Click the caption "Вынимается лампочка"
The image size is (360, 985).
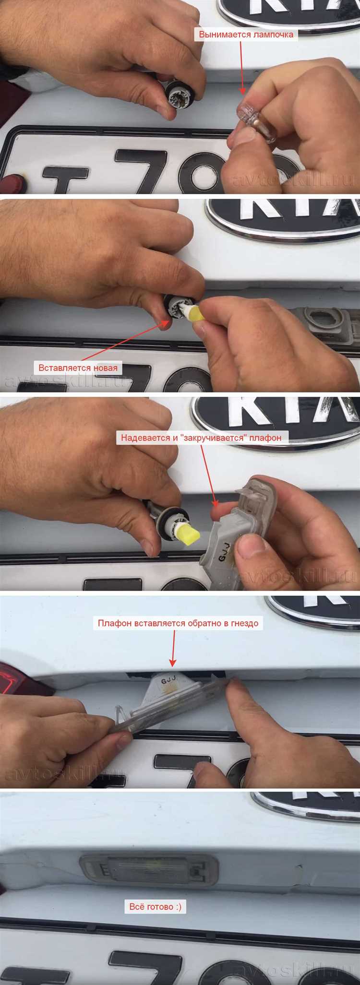(246, 35)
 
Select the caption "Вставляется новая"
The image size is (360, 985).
(78, 368)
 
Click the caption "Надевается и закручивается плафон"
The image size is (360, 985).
(201, 438)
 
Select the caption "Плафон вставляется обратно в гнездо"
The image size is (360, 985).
(178, 623)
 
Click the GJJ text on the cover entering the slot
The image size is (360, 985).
(168, 681)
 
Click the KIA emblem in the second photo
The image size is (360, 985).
(283, 218)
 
